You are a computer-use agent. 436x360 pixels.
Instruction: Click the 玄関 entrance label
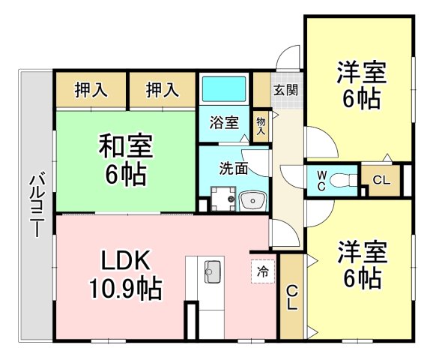[x=285, y=90]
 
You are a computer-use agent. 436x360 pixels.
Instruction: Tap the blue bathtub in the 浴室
[x=224, y=88]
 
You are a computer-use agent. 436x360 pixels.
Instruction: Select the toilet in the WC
[x=343, y=180]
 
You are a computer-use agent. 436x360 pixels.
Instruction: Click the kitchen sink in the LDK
[x=213, y=271]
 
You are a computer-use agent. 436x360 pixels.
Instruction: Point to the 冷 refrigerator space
[x=263, y=271]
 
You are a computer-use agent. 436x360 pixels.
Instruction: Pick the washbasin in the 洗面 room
[x=252, y=200]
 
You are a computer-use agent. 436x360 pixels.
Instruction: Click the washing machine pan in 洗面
[x=223, y=199]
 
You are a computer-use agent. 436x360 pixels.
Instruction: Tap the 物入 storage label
[x=261, y=126]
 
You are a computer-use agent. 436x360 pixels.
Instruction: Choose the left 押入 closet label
[x=91, y=90]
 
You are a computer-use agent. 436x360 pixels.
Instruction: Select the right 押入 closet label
[x=163, y=90]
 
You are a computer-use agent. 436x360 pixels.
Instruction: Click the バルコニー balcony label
[x=37, y=205]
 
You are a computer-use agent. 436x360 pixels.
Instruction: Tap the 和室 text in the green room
[x=126, y=146]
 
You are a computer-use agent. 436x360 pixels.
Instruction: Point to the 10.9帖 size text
[x=125, y=288]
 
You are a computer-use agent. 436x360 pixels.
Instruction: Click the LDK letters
[x=125, y=260]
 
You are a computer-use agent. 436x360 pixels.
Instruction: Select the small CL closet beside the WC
[x=381, y=180]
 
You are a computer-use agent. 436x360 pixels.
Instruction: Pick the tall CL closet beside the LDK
[x=292, y=297]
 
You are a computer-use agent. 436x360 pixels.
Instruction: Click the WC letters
[x=321, y=181]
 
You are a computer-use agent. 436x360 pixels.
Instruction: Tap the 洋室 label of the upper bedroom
[x=362, y=72]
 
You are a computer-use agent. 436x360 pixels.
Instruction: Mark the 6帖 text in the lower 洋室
[x=362, y=278]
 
